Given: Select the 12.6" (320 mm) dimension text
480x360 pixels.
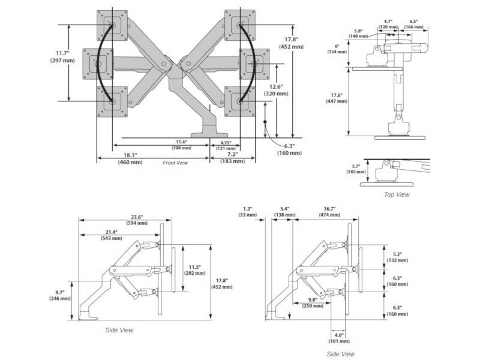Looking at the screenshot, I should (x=277, y=90).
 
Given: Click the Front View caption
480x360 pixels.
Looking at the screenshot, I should (x=175, y=163).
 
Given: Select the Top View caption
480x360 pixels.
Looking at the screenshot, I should (x=397, y=194).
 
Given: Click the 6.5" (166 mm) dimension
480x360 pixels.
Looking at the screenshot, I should (x=413, y=24).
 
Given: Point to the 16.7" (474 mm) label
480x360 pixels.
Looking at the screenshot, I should (x=327, y=211).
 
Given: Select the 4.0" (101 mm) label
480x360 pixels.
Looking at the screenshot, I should (x=339, y=338).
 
